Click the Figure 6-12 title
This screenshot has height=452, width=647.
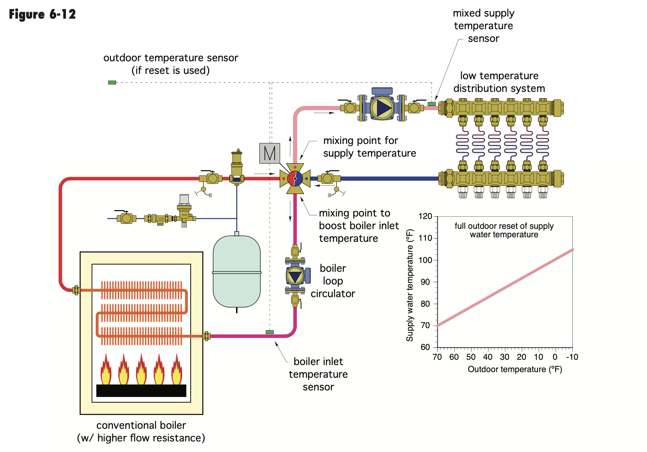pos(42,14)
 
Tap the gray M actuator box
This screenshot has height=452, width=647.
pos(270,153)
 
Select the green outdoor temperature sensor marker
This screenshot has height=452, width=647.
pos(112,82)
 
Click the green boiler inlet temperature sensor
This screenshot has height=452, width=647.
pos(270,332)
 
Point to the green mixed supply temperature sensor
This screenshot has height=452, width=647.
pos(431,104)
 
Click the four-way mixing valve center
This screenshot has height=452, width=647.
pos(295,178)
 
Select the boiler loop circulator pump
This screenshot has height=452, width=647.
pos(295,276)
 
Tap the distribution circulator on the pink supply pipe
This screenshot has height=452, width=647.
pos(382,107)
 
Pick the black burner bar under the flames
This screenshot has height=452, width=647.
pos(141,391)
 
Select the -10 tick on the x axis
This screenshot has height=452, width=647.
pos(572,357)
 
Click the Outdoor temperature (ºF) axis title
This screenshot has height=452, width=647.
pos(515,369)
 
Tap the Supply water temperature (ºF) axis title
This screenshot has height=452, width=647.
pos(410,285)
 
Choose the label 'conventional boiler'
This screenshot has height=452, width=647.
pos(141,425)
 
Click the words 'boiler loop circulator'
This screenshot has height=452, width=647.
pos(333,281)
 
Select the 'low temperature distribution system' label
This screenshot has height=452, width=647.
pos(499,82)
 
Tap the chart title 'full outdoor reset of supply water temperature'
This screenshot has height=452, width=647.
pos(504,230)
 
